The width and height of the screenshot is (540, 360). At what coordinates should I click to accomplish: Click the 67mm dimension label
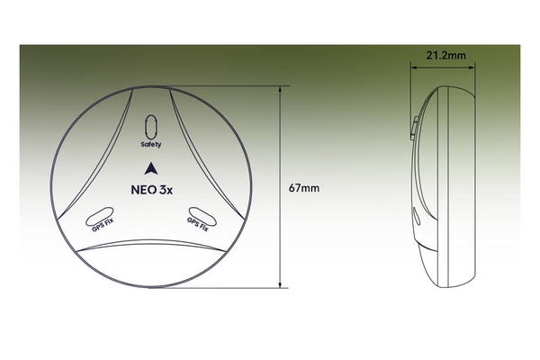click(x=304, y=188)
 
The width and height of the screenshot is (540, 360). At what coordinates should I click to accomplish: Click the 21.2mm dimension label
click(x=446, y=56)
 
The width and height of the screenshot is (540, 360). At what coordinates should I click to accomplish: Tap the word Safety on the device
click(x=151, y=144)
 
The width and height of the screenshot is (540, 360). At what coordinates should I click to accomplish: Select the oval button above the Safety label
click(x=151, y=127)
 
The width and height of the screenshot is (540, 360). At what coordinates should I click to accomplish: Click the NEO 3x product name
click(x=152, y=190)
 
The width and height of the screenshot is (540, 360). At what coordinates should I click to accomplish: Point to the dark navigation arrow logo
click(x=151, y=168)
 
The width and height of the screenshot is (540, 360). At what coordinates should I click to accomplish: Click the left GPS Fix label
click(x=103, y=225)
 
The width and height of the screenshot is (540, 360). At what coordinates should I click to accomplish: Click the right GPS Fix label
click(x=198, y=224)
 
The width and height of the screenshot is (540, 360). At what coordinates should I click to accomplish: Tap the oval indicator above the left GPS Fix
click(x=100, y=216)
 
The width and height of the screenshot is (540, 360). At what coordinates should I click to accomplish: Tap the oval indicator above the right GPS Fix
click(x=202, y=216)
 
